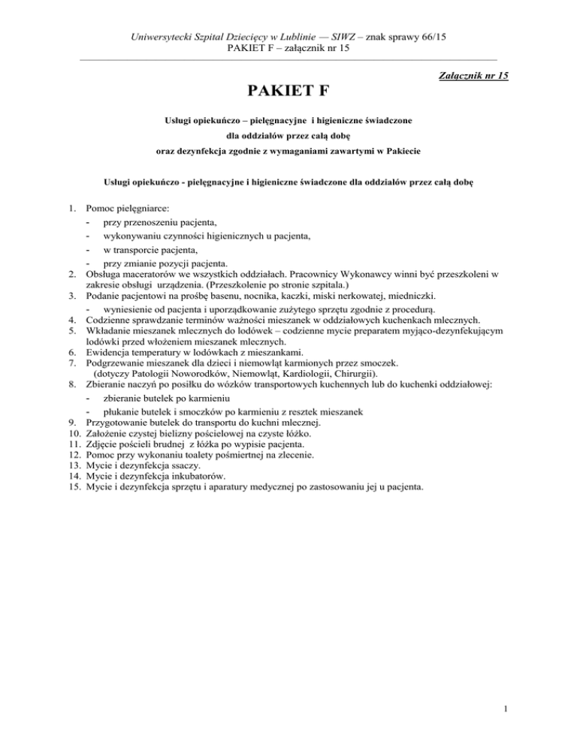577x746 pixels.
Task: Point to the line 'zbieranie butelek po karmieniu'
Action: point(166,397)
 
